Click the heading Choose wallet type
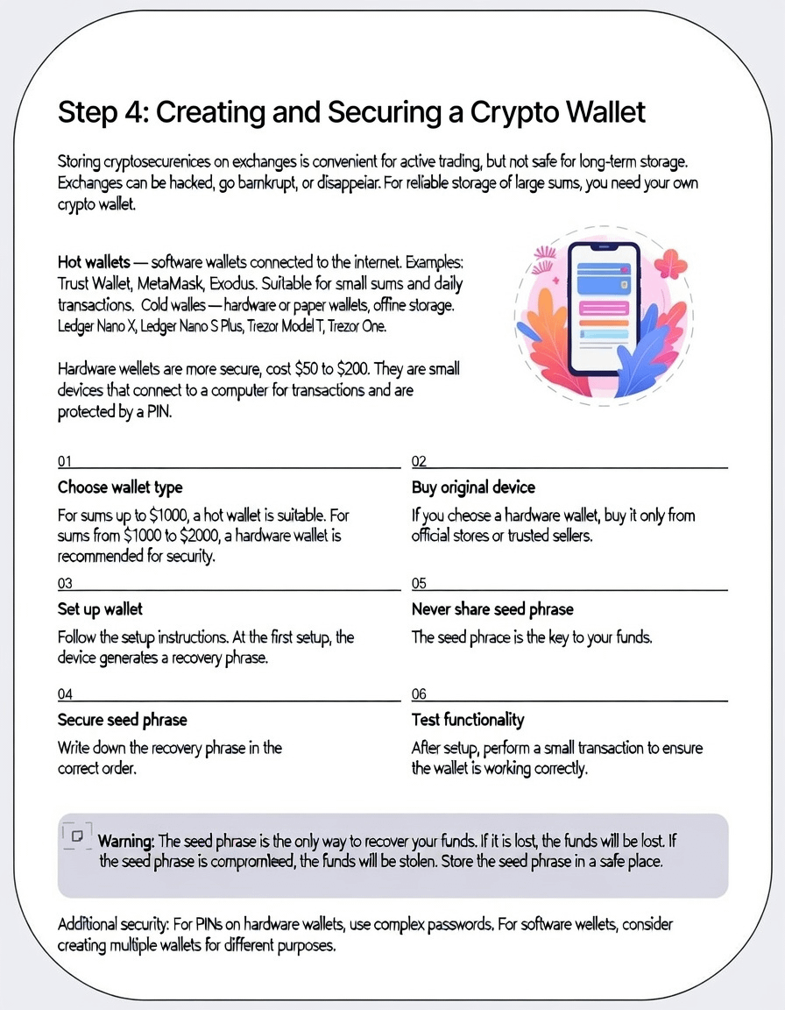(120, 487)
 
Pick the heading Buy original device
(473, 487)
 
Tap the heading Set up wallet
(100, 608)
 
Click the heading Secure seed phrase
(123, 720)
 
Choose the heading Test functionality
(468, 720)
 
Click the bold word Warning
(126, 841)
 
